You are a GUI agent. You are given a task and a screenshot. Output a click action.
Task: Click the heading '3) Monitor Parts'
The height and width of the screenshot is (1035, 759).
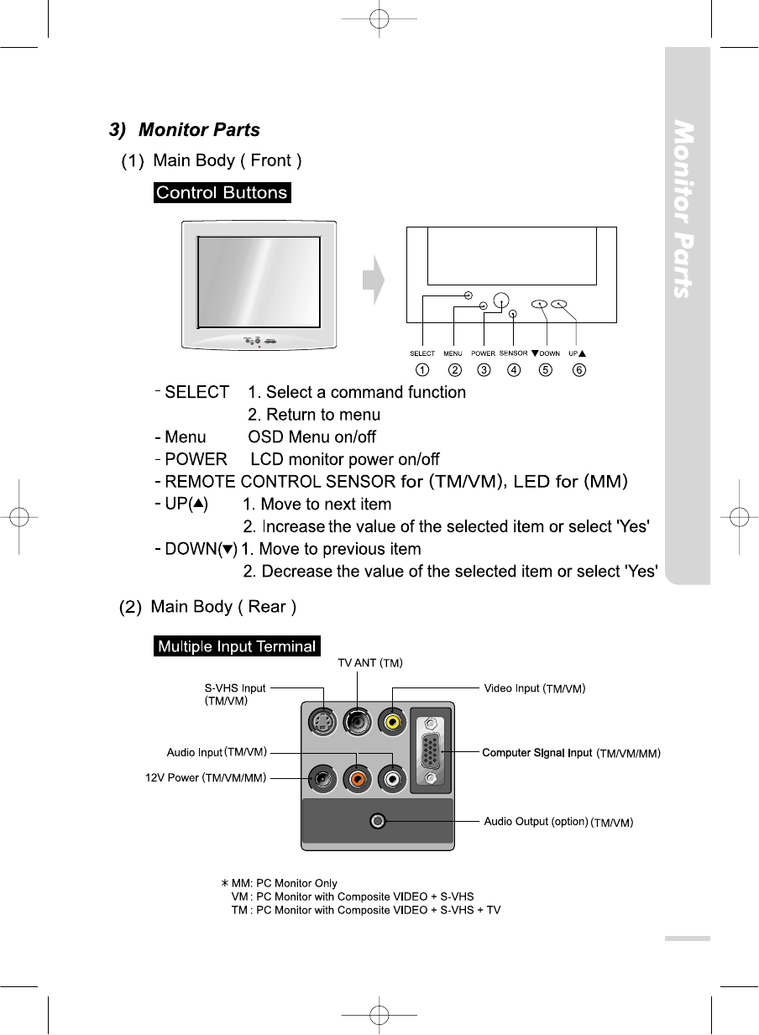coord(185,130)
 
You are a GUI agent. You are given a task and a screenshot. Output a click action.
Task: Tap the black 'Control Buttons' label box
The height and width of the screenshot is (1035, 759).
coord(222,192)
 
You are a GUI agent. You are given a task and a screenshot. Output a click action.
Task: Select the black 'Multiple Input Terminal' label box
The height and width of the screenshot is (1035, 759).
coord(238,646)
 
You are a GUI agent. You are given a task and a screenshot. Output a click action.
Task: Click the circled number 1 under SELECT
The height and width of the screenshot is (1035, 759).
coord(422,369)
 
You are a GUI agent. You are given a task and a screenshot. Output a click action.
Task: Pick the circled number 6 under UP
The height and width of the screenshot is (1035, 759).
coord(578,369)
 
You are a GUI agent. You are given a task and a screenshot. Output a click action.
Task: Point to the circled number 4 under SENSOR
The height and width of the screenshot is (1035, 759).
coord(514,369)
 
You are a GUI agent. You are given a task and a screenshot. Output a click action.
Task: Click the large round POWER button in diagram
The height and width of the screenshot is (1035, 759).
coord(501,299)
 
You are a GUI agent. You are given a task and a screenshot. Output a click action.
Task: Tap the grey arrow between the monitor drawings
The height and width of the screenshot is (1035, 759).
coord(374,280)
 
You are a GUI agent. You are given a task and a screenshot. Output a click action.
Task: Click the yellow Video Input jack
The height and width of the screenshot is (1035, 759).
coord(392,721)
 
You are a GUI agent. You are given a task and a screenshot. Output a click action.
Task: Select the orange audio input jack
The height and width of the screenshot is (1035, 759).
coord(359,778)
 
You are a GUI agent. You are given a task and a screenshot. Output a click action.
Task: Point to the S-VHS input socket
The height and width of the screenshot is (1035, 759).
coord(320,721)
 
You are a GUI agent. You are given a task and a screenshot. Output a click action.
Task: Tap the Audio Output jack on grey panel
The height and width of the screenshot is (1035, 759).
coord(379,820)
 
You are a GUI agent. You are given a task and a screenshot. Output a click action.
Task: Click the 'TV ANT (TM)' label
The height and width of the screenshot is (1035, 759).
coord(371,663)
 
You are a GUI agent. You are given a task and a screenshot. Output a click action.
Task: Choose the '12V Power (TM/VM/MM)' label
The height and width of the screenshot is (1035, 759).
coord(206,778)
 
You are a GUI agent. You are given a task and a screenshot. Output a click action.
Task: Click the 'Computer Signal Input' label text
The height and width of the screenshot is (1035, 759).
coord(537,753)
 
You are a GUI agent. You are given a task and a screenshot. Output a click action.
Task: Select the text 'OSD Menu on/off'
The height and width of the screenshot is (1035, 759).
coord(311,437)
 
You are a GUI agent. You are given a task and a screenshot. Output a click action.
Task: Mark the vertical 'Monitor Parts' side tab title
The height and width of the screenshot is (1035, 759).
coord(686,210)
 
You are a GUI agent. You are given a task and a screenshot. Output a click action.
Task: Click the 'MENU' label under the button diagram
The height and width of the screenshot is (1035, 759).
coord(453,354)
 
